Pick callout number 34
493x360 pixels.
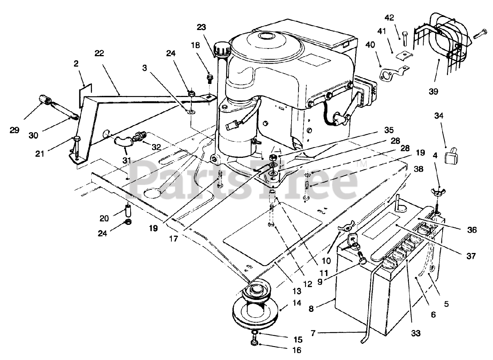point(439,116)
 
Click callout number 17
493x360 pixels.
point(173,239)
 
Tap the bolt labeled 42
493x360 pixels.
point(403,39)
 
